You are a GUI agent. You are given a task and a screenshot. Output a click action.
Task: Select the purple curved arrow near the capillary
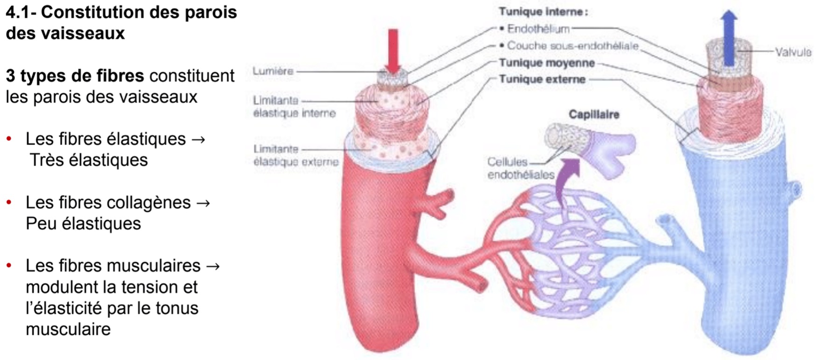click(x=568, y=175)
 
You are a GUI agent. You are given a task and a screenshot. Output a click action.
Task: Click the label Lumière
click(x=273, y=71)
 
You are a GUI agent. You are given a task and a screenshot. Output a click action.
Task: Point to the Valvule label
click(x=793, y=52)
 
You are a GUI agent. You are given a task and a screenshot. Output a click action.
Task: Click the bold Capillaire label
click(x=594, y=114)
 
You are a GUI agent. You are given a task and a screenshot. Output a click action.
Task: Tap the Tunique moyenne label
click(x=547, y=63)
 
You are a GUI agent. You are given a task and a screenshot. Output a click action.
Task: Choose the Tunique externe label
click(x=542, y=79)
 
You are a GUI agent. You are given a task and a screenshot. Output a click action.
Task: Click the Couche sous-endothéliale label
click(x=572, y=46)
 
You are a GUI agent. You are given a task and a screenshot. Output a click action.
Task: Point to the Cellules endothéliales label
click(x=521, y=168)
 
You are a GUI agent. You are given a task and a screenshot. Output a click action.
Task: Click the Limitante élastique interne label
click(x=294, y=107)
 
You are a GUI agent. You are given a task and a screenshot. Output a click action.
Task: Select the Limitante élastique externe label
click(x=296, y=155)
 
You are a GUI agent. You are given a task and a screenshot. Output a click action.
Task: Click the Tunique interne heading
click(x=543, y=12)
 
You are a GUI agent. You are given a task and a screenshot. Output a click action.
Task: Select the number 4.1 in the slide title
click(x=19, y=13)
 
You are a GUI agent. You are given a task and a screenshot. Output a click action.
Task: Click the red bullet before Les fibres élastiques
click(x=9, y=139)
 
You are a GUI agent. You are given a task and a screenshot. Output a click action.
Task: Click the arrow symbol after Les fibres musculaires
click(x=212, y=266)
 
